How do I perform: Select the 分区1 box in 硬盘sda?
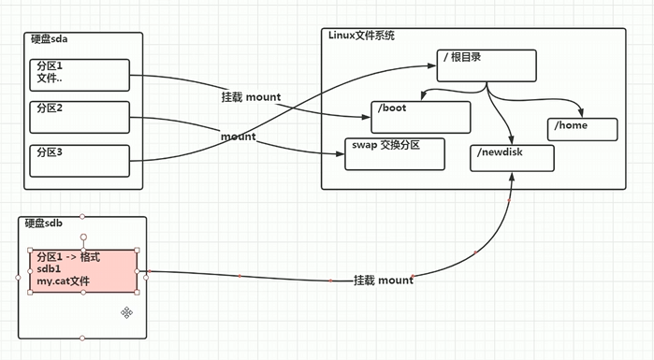point(81,75)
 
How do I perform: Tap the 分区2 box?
point(81,117)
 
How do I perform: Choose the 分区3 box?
point(81,160)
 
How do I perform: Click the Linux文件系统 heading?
point(361,36)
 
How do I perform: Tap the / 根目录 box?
point(487,65)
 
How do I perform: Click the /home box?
point(583,129)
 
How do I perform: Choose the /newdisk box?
point(512,157)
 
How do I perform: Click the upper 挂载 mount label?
point(250,98)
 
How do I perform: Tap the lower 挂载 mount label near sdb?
point(383,281)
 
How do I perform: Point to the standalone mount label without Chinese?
point(238,137)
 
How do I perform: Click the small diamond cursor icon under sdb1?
point(126,312)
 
